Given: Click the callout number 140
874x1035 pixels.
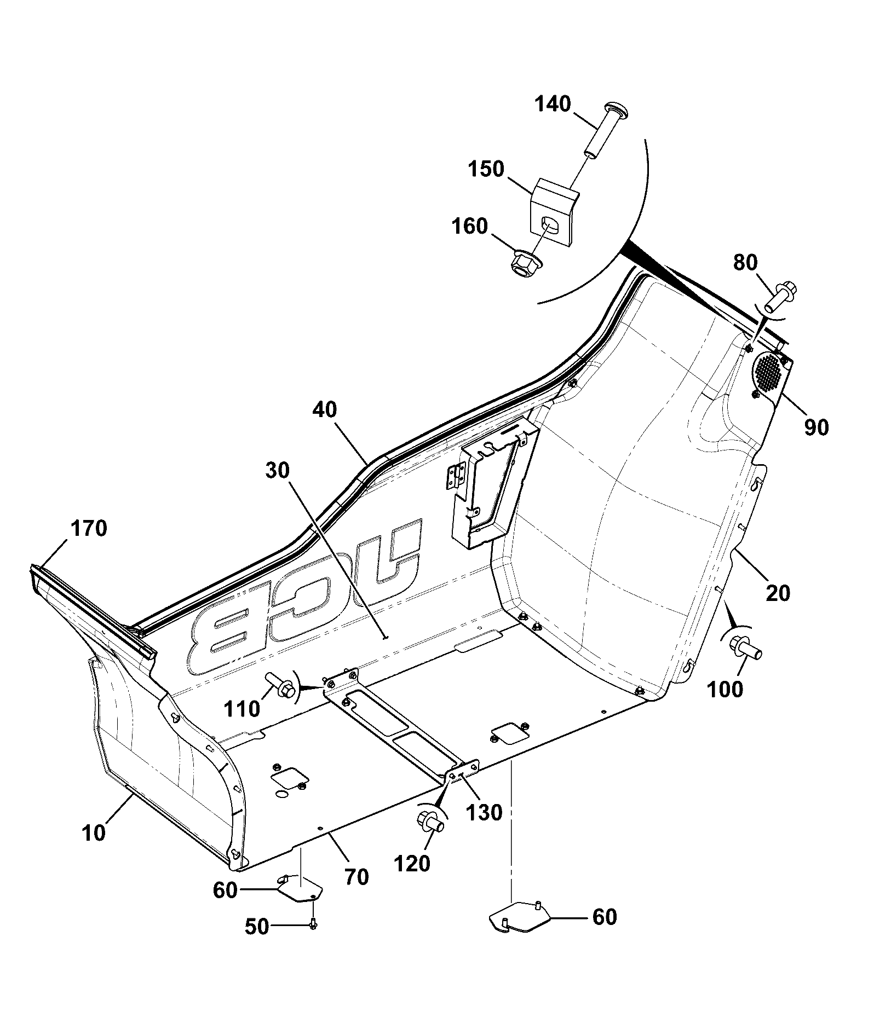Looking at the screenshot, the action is click(x=553, y=104).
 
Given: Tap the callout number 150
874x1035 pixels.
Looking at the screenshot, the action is click(x=486, y=169).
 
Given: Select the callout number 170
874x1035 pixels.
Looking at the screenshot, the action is click(x=89, y=529).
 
